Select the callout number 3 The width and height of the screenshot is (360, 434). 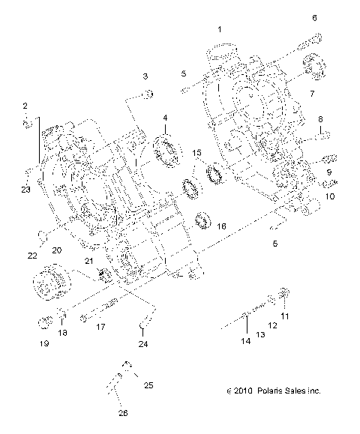(x=145, y=76)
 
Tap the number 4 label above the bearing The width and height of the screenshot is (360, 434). (x=165, y=118)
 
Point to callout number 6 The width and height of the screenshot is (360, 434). (x=314, y=17)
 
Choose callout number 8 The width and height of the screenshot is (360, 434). (x=320, y=119)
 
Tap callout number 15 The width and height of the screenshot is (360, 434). (x=197, y=153)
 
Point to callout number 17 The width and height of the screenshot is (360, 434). (x=100, y=327)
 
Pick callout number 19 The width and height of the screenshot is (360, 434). (x=44, y=343)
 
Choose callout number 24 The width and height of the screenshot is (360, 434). (x=143, y=344)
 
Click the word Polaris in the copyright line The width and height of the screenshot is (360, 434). (x=268, y=412)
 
